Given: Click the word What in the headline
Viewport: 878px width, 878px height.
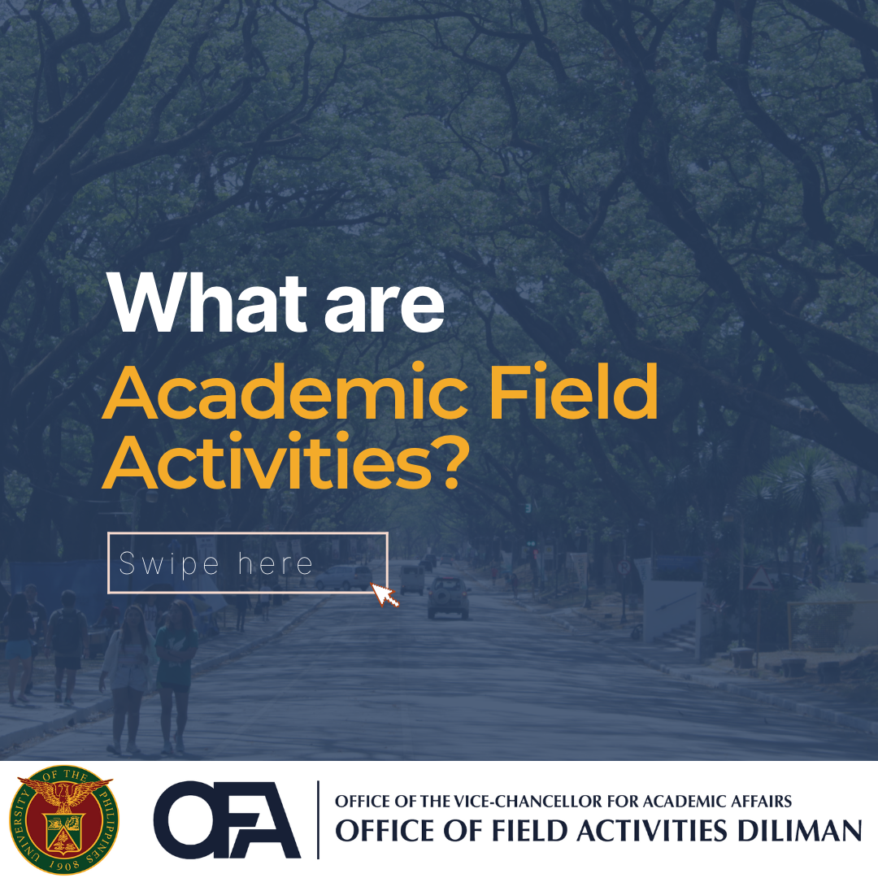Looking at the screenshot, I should (x=206, y=302).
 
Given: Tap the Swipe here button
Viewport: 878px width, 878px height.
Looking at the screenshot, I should (x=248, y=563).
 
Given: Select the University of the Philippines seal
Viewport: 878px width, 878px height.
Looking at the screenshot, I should (x=62, y=819).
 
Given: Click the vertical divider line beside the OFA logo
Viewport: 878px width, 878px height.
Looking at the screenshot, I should (x=318, y=819).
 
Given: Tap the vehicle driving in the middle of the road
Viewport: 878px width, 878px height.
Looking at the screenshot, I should (x=449, y=598).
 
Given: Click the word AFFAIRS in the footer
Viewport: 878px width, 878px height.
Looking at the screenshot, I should (x=762, y=802).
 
